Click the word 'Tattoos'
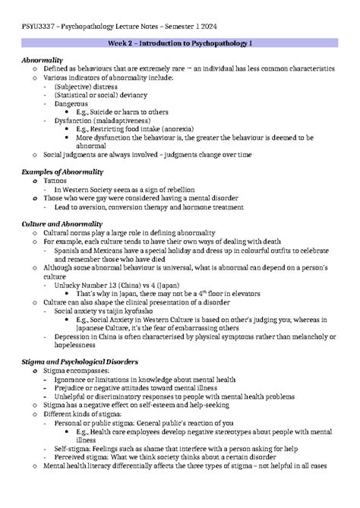pos(55,181)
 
